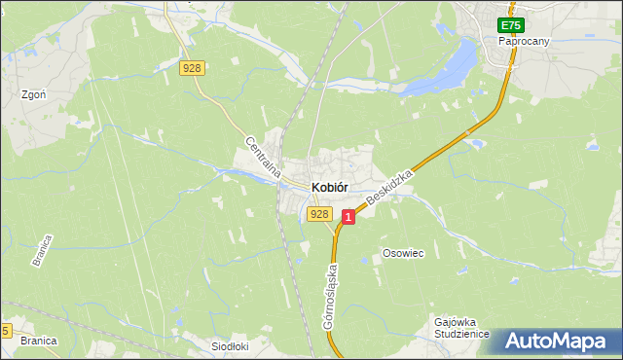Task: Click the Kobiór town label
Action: (x=330, y=187)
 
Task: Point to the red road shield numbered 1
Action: (x=348, y=219)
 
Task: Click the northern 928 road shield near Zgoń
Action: (x=193, y=67)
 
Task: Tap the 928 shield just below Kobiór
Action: (x=318, y=214)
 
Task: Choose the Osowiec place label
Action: (x=403, y=253)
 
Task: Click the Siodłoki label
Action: (x=231, y=345)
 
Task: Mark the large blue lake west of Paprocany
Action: (x=443, y=68)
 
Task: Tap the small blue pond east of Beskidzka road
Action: (x=476, y=144)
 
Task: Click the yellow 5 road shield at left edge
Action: (x=5, y=332)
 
